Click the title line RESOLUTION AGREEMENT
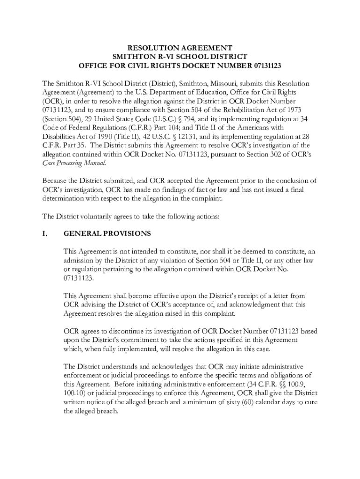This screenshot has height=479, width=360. [180, 48]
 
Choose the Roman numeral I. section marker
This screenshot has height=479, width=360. [45, 233]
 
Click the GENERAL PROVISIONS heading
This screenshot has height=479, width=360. [107, 233]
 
